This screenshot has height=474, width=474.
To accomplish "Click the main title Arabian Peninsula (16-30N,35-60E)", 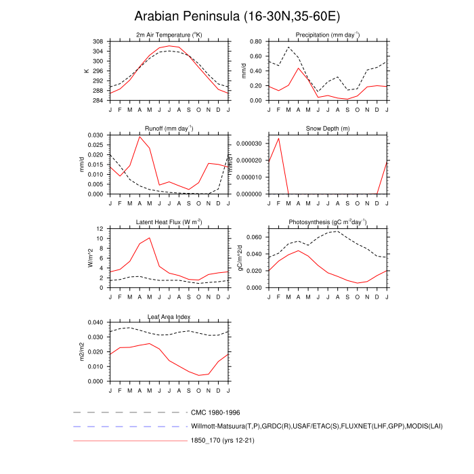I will [x=237, y=16].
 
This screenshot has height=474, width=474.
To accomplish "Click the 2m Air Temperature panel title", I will [x=169, y=35].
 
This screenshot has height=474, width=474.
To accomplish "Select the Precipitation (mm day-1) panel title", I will [x=328, y=35].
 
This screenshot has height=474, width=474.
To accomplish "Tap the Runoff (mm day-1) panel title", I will [x=169, y=128].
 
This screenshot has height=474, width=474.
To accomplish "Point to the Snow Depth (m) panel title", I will [x=328, y=128].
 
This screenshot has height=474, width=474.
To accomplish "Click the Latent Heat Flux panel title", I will [x=169, y=222].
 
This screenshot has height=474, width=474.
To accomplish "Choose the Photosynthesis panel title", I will [x=328, y=222].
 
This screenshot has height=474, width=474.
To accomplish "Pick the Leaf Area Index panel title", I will [x=169, y=316].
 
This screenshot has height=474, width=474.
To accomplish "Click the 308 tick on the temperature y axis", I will [x=98, y=41].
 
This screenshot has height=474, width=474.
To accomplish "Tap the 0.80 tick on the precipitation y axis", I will [x=255, y=41].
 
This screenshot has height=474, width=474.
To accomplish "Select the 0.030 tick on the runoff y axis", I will [x=95, y=135].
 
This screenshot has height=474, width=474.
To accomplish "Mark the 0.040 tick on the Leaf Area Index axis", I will [x=95, y=323].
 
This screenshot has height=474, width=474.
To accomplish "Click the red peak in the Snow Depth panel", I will [x=279, y=138].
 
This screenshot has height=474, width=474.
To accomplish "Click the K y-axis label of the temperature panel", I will [x=86, y=70].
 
